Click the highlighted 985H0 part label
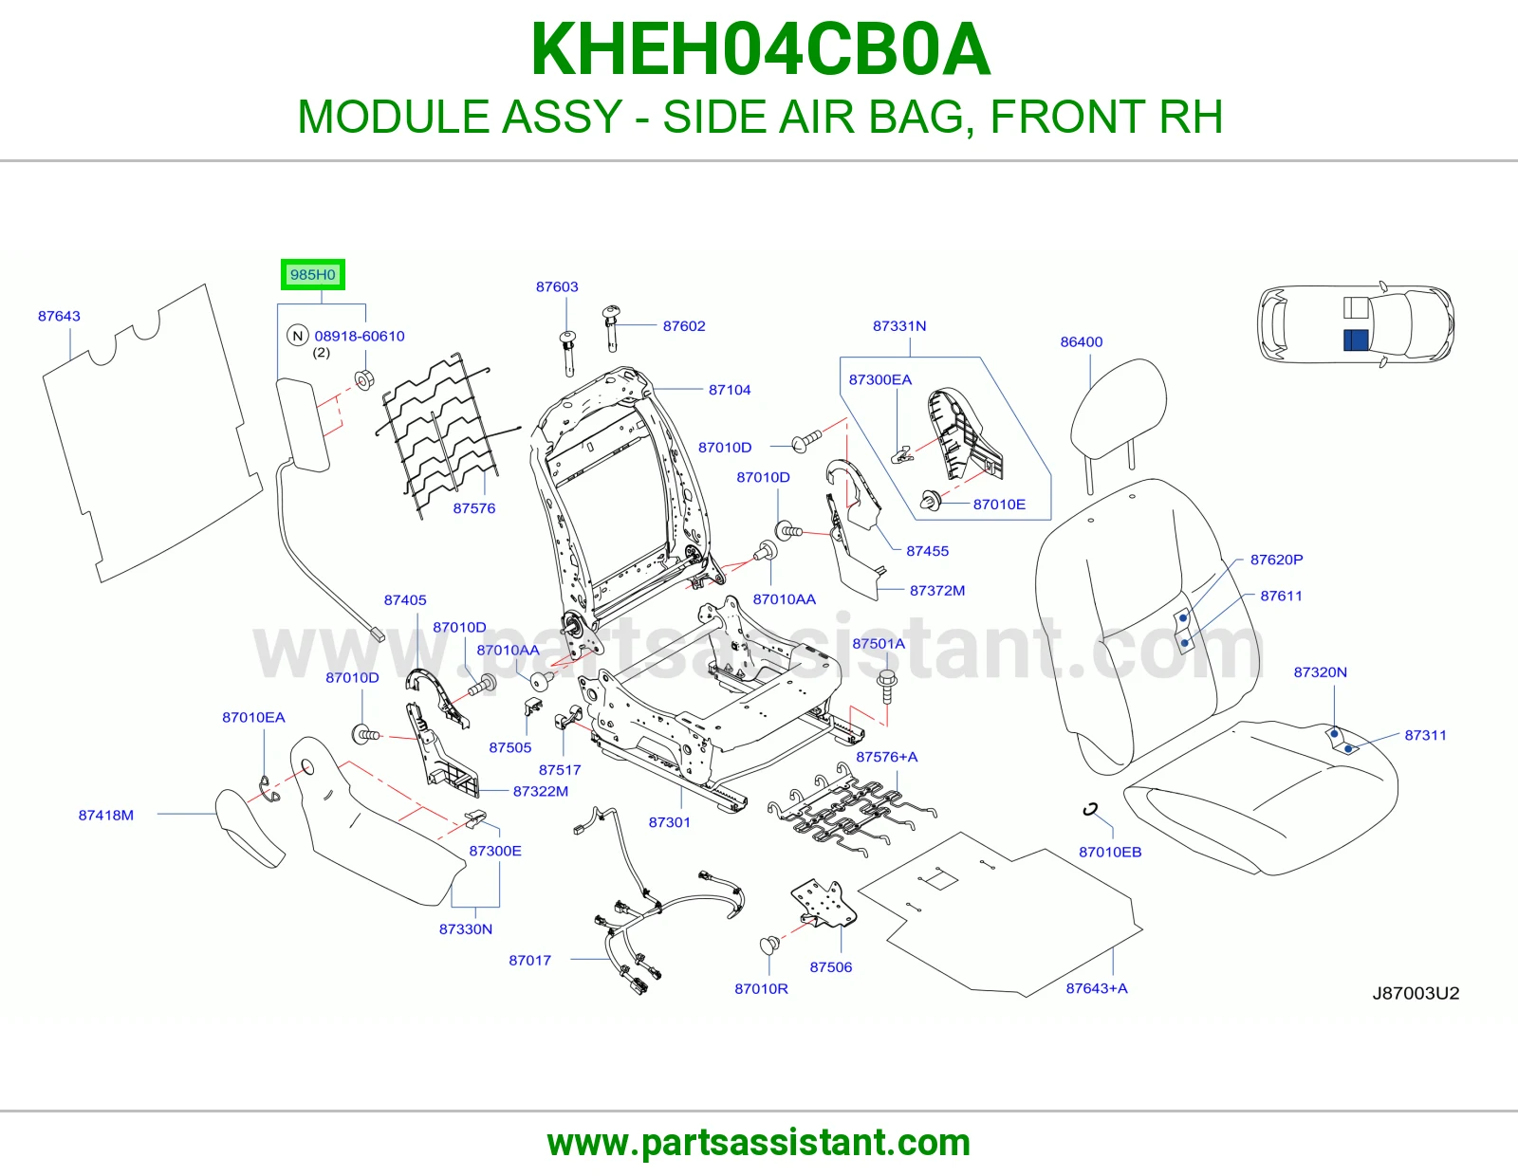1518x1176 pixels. [x=312, y=274]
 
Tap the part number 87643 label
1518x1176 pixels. [x=59, y=317]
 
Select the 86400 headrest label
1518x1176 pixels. [x=1082, y=342]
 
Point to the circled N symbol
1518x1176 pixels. [x=298, y=336]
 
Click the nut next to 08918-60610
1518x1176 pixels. [x=364, y=380]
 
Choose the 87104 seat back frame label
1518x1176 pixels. [x=730, y=390]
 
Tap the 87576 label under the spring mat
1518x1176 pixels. [x=474, y=508]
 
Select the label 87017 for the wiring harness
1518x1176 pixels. [x=530, y=960]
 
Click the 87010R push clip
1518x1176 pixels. [x=769, y=946]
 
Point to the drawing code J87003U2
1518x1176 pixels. [x=1416, y=993]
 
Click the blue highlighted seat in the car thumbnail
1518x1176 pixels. [x=1356, y=340]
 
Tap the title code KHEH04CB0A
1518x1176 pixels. [x=760, y=49]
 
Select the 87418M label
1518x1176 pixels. [x=106, y=815]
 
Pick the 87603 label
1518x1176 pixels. [x=557, y=287]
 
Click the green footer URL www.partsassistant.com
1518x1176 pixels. [x=759, y=1143]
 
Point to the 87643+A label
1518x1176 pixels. [x=1097, y=988]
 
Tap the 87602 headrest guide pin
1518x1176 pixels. [x=612, y=327]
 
